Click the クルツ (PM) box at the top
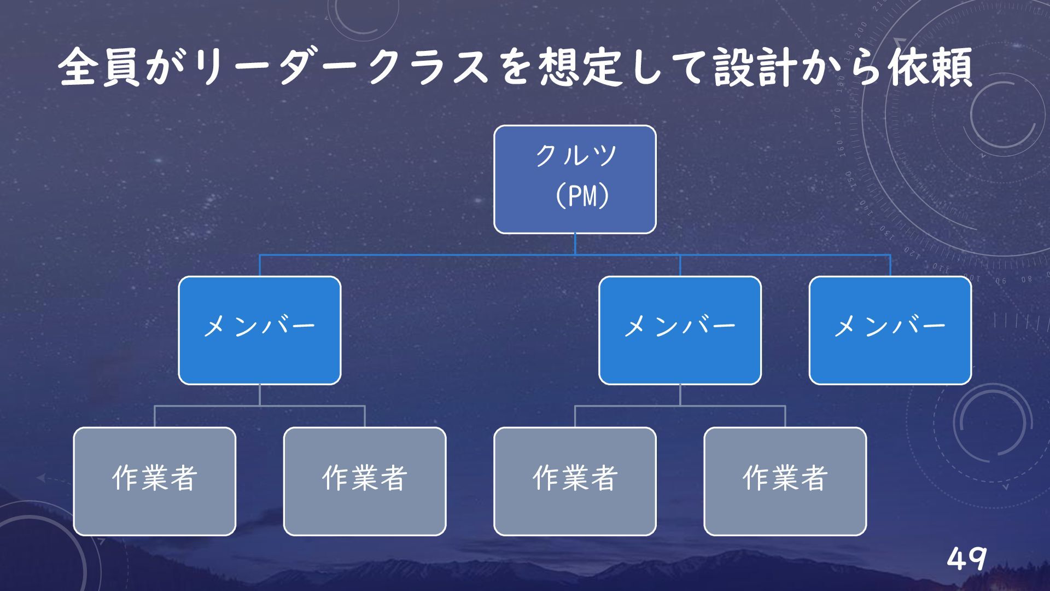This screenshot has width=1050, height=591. tap(575, 179)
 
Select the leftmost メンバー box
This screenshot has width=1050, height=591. tap(260, 330)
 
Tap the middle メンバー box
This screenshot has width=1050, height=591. tap(680, 330)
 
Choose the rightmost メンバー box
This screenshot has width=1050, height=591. tap(890, 330)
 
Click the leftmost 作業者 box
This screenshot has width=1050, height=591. tap(155, 481)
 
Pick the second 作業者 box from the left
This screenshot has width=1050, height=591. tap(365, 481)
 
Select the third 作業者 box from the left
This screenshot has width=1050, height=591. tap(575, 481)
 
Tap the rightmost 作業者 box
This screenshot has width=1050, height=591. tap(785, 481)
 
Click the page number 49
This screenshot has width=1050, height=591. tap(966, 559)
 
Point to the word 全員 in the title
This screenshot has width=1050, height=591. tap(99, 67)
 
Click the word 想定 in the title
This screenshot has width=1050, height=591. tap(581, 67)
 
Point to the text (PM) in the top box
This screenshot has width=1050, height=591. tap(582, 196)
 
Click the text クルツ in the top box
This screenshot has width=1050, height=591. tap(576, 155)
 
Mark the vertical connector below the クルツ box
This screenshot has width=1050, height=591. tap(575, 244)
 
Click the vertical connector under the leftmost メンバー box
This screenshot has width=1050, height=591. tap(260, 395)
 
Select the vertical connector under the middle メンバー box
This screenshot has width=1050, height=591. tap(680, 395)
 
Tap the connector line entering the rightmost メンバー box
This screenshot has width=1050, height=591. tap(890, 266)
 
